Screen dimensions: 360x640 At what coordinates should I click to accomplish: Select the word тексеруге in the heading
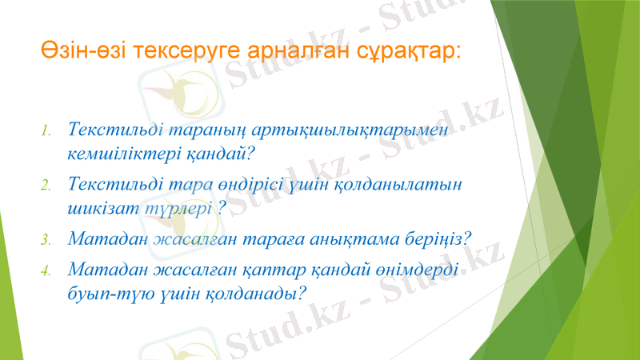(x=176, y=51)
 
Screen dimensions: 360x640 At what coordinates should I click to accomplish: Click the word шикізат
(x=102, y=206)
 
